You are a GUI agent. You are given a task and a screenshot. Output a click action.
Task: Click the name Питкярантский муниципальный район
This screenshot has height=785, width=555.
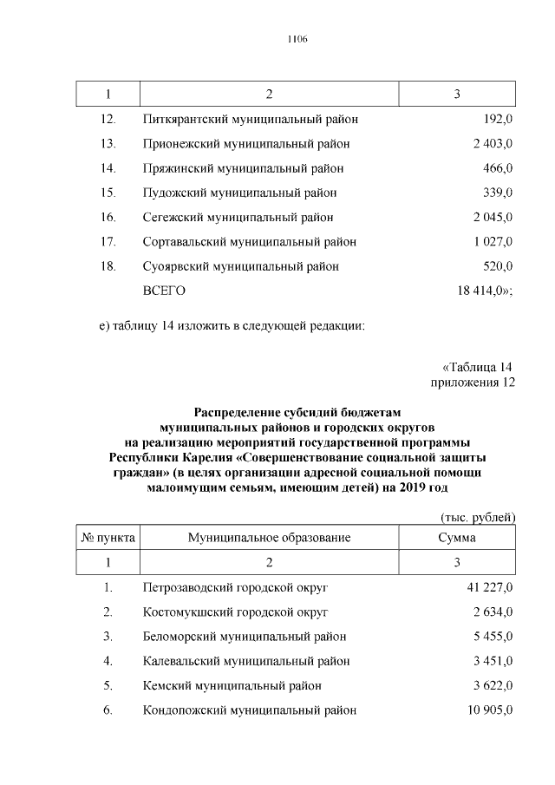tap(250, 118)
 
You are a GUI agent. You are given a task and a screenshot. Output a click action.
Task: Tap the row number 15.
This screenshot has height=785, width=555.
tap(108, 193)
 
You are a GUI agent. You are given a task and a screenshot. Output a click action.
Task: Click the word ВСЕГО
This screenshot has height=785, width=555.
tap(164, 291)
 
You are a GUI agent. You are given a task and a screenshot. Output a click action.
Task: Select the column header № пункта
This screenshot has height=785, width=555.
tap(108, 538)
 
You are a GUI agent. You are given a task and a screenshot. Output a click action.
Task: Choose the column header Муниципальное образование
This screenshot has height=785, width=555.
tap(269, 538)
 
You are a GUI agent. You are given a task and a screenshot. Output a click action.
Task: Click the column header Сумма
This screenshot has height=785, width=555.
tap(457, 538)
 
